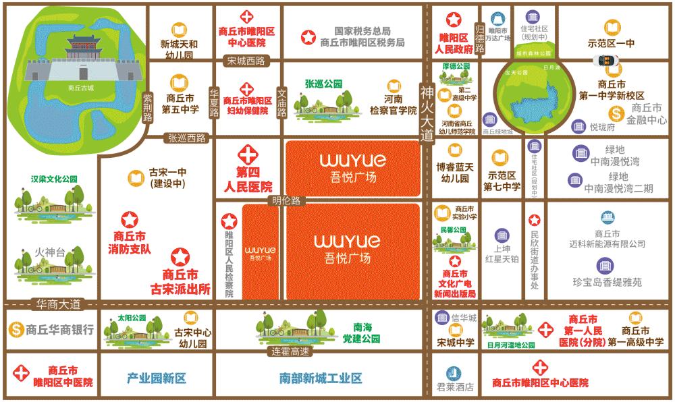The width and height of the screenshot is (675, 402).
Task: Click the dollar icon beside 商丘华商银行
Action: pos(15,330)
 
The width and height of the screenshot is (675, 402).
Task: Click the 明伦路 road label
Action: pos(286,200)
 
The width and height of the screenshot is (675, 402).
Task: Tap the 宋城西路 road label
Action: pos(246,61)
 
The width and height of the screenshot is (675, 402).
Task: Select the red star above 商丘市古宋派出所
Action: pos(180,257)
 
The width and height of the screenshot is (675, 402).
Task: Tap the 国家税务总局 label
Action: pos(362,31)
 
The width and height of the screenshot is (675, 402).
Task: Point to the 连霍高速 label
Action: pos(290,351)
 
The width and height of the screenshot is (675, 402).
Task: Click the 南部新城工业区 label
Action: pos(321,378)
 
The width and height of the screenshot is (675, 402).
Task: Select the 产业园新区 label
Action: pos(157,378)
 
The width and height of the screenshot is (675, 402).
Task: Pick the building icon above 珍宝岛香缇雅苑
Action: pos(605,265)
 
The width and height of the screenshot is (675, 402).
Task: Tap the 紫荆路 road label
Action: pos(148,108)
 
